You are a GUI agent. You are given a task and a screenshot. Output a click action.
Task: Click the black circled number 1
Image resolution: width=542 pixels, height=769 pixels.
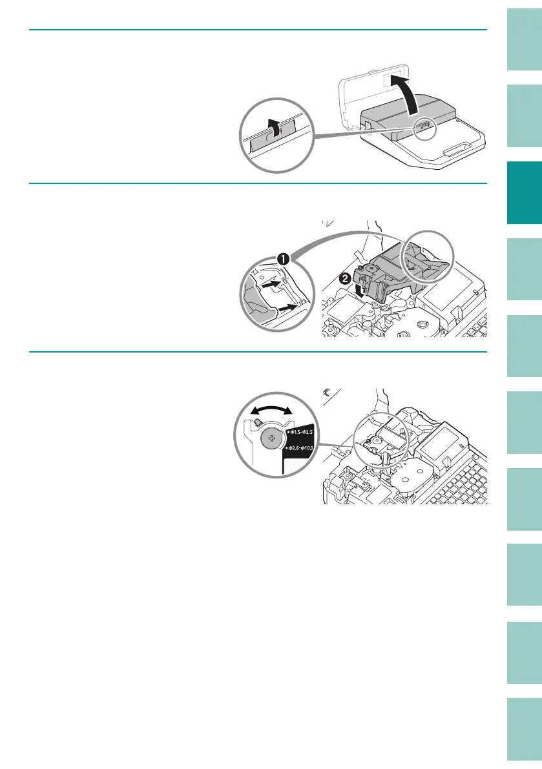click(x=282, y=259)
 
